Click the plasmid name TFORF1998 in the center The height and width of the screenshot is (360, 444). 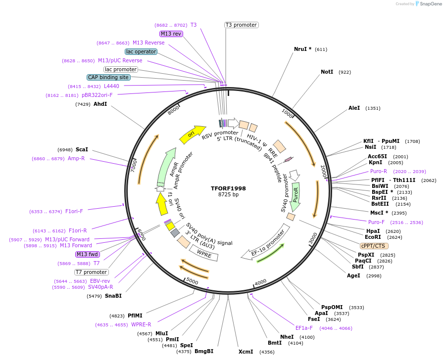pyautogui.click(x=228, y=188)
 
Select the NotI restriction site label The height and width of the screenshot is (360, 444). pyautogui.click(x=327, y=72)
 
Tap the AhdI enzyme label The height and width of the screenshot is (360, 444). pyautogui.click(x=100, y=104)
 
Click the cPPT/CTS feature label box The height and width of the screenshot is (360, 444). pyautogui.click(x=374, y=246)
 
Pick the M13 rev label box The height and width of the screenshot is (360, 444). pyautogui.click(x=171, y=34)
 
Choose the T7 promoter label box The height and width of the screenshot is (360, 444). pyautogui.click(x=92, y=272)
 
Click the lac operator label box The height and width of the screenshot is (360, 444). pyautogui.click(x=141, y=51)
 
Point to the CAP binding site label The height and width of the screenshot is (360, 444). pyautogui.click(x=108, y=77)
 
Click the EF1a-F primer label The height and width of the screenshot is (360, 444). pyautogui.click(x=305, y=328)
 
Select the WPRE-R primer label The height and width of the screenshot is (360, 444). pyautogui.click(x=141, y=325)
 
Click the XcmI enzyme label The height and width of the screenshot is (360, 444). pyautogui.click(x=246, y=352)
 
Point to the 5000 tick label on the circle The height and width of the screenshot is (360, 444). pyautogui.click(x=193, y=282)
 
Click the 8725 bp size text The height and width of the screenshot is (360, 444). pyautogui.click(x=228, y=195)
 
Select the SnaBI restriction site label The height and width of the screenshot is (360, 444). pyautogui.click(x=113, y=296)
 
